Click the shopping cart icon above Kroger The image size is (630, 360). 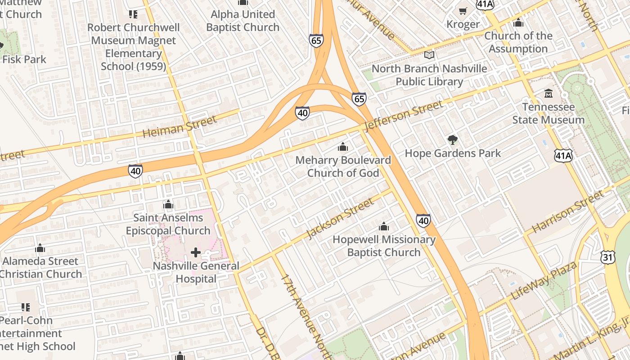tap(463, 11)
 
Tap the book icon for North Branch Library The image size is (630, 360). tap(429, 55)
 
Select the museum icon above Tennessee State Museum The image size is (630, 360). tap(549, 94)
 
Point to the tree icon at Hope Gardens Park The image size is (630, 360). tap(452, 140)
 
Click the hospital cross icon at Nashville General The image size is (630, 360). tap(196, 252)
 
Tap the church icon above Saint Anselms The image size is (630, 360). tap(168, 205)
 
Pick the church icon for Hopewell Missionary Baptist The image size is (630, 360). tap(384, 226)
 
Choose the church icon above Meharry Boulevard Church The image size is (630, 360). tap(343, 147)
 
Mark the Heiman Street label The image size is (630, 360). tap(180, 126)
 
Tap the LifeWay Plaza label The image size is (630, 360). tap(544, 281)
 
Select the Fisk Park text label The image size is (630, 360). tap(24, 59)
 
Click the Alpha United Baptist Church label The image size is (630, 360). tap(243, 21)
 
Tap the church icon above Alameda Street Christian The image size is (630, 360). tap(40, 248)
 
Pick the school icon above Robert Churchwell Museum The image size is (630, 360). tap(133, 14)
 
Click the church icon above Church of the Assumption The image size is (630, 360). tap(518, 22)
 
